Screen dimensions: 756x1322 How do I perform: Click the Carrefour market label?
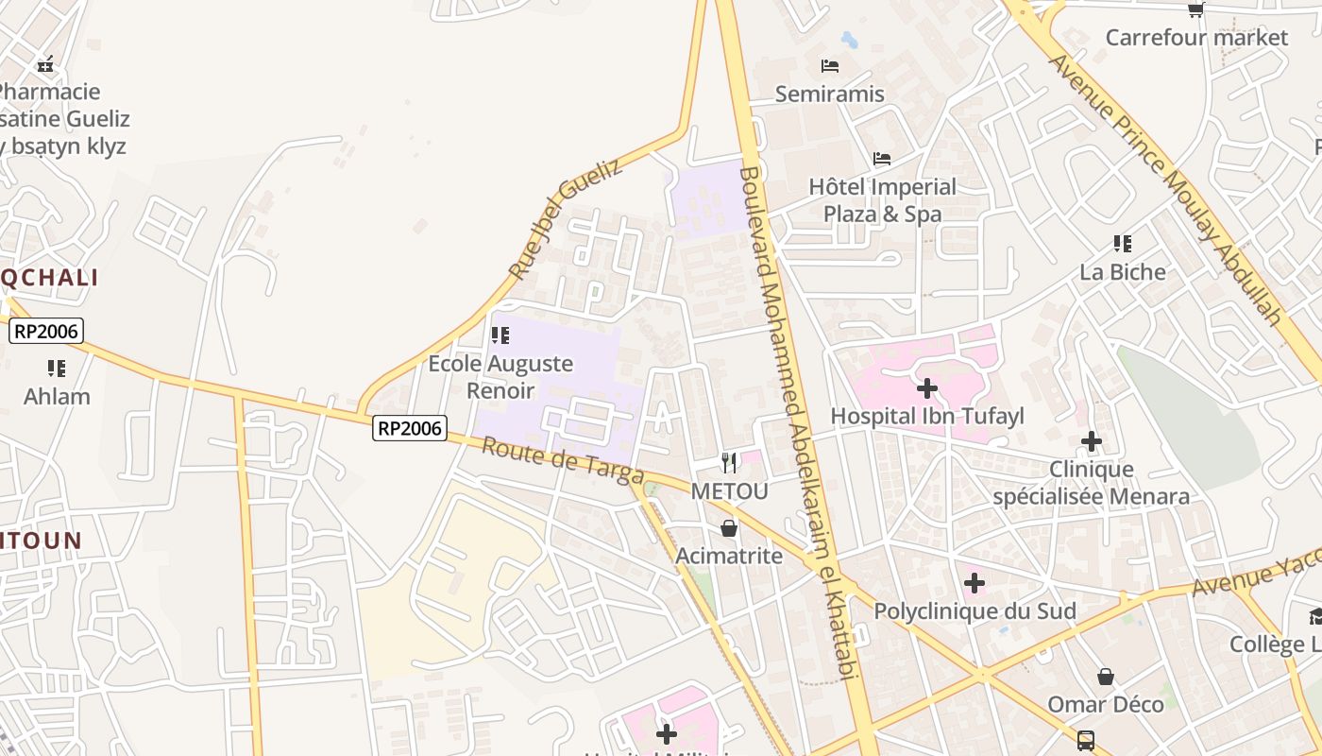(1196, 38)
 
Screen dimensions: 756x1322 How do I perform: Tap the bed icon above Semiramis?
(830, 65)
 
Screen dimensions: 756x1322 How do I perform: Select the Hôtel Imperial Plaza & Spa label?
(882, 200)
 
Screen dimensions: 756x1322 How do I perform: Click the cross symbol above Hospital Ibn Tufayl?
(927, 388)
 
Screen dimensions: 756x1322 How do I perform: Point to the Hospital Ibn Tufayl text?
(927, 416)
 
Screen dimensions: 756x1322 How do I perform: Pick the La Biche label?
(1123, 272)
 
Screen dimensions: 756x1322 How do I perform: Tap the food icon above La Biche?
(1123, 244)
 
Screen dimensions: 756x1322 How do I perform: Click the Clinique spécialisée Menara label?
(1092, 483)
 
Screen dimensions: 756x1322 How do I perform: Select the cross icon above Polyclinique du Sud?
(975, 583)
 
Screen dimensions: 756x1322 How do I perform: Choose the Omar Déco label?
(1106, 704)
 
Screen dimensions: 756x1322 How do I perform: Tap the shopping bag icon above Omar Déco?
(1106, 677)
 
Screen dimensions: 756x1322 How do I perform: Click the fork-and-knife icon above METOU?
(729, 463)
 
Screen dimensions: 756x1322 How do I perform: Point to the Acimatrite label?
(729, 556)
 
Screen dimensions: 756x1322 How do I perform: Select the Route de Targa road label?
(563, 460)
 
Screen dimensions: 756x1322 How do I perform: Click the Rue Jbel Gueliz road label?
(566, 218)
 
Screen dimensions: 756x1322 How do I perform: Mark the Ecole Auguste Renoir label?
(500, 376)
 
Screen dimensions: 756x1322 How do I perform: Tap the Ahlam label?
(57, 396)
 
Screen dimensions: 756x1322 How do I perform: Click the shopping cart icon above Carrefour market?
(1196, 9)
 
